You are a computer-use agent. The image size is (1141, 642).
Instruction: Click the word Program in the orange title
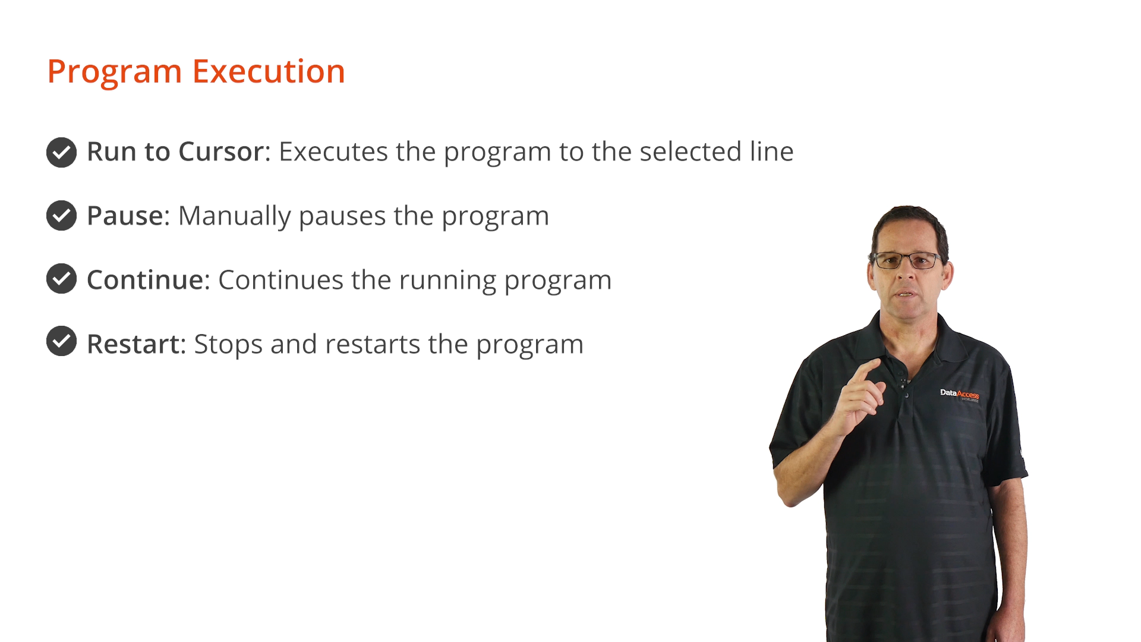(x=115, y=72)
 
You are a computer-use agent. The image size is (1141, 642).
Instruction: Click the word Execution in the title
(x=269, y=71)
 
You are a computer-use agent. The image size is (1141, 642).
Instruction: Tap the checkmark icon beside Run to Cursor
(x=62, y=152)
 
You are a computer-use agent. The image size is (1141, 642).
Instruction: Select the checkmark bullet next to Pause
(x=62, y=215)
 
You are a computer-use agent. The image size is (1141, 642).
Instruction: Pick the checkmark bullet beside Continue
(x=62, y=278)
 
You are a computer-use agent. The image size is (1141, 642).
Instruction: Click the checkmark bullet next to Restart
(x=62, y=341)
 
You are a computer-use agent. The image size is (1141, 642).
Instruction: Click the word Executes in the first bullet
(x=333, y=152)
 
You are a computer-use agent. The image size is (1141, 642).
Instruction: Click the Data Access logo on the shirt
(x=959, y=395)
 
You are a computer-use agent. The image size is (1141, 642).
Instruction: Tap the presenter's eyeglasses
(x=906, y=260)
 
